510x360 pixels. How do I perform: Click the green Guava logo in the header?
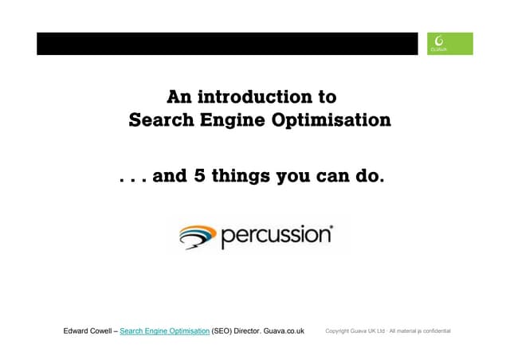click(x=449, y=44)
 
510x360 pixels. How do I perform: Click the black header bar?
click(x=227, y=44)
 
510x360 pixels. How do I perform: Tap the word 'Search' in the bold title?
click(x=161, y=121)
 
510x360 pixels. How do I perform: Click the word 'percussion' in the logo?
click(x=276, y=237)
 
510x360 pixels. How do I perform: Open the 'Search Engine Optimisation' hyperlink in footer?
click(x=164, y=331)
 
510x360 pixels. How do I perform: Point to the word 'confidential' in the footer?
click(x=435, y=331)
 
